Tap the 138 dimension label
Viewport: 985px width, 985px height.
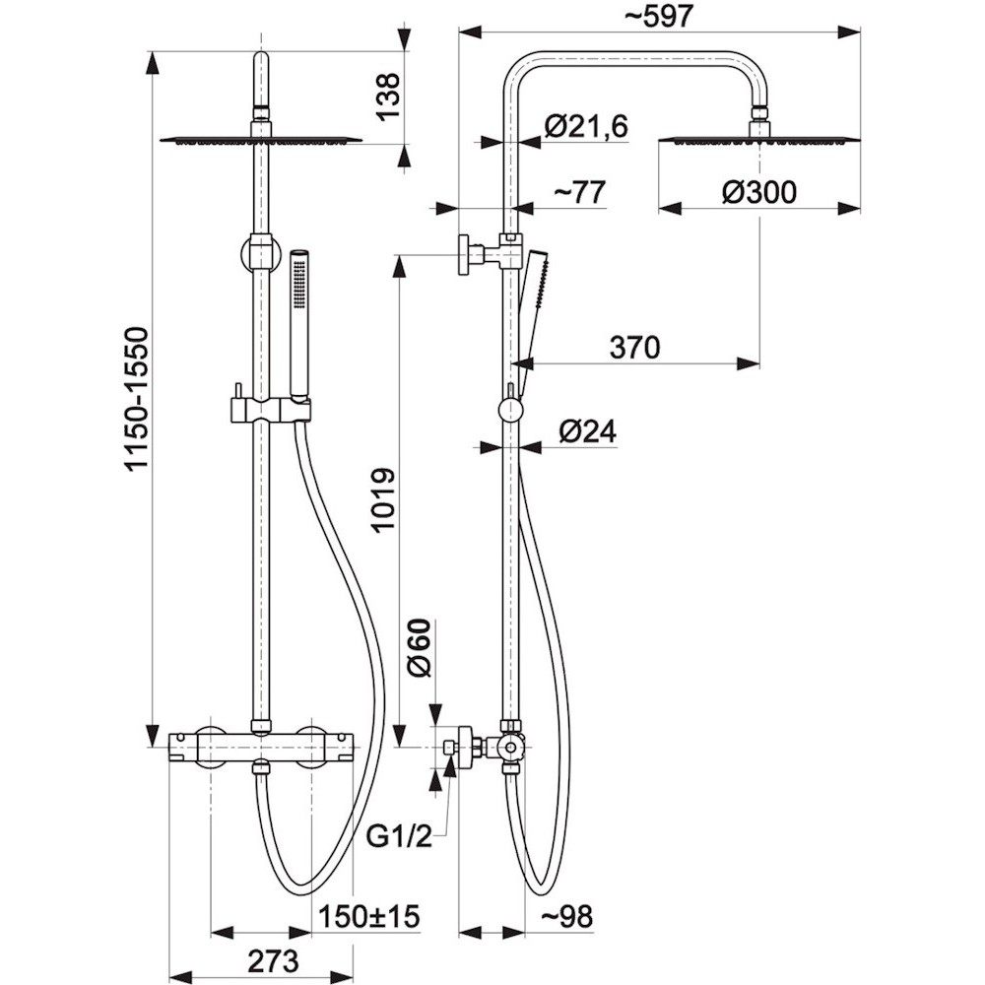tap(387, 97)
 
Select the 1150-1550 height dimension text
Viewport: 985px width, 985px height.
tap(136, 397)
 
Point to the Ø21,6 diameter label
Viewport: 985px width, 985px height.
tap(585, 126)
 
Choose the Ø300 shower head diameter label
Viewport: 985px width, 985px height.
tap(758, 192)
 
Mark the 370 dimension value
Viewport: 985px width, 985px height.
tap(634, 347)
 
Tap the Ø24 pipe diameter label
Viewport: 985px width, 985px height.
tap(587, 431)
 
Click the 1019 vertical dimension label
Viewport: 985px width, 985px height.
tap(383, 499)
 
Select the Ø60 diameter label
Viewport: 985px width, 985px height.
tap(421, 648)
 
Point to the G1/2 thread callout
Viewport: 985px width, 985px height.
tap(400, 836)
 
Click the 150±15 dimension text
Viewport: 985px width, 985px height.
tap(368, 916)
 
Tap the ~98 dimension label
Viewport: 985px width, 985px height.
tap(566, 916)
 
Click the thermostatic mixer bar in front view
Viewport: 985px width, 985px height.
tap(261, 747)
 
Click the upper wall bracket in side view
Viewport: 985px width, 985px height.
tap(490, 253)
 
